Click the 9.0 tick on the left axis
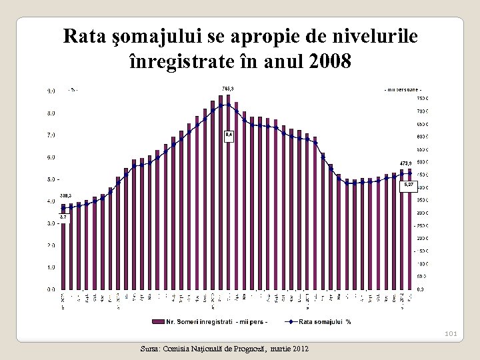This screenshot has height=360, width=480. point(51,91)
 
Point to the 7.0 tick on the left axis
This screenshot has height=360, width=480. point(51,135)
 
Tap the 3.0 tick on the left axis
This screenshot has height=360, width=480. point(51,223)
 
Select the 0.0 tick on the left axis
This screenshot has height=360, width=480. point(51,289)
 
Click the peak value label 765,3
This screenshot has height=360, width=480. point(227,88)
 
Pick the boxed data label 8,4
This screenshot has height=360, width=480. point(229,135)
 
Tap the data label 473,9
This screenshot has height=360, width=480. point(406,163)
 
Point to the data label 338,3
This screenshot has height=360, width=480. point(65,195)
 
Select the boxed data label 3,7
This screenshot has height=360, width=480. point(64,217)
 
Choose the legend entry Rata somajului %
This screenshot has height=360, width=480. point(325,322)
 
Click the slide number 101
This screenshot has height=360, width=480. point(449,334)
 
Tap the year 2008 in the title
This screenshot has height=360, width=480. point(329,62)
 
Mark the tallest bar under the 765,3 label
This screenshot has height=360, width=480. point(228,193)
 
